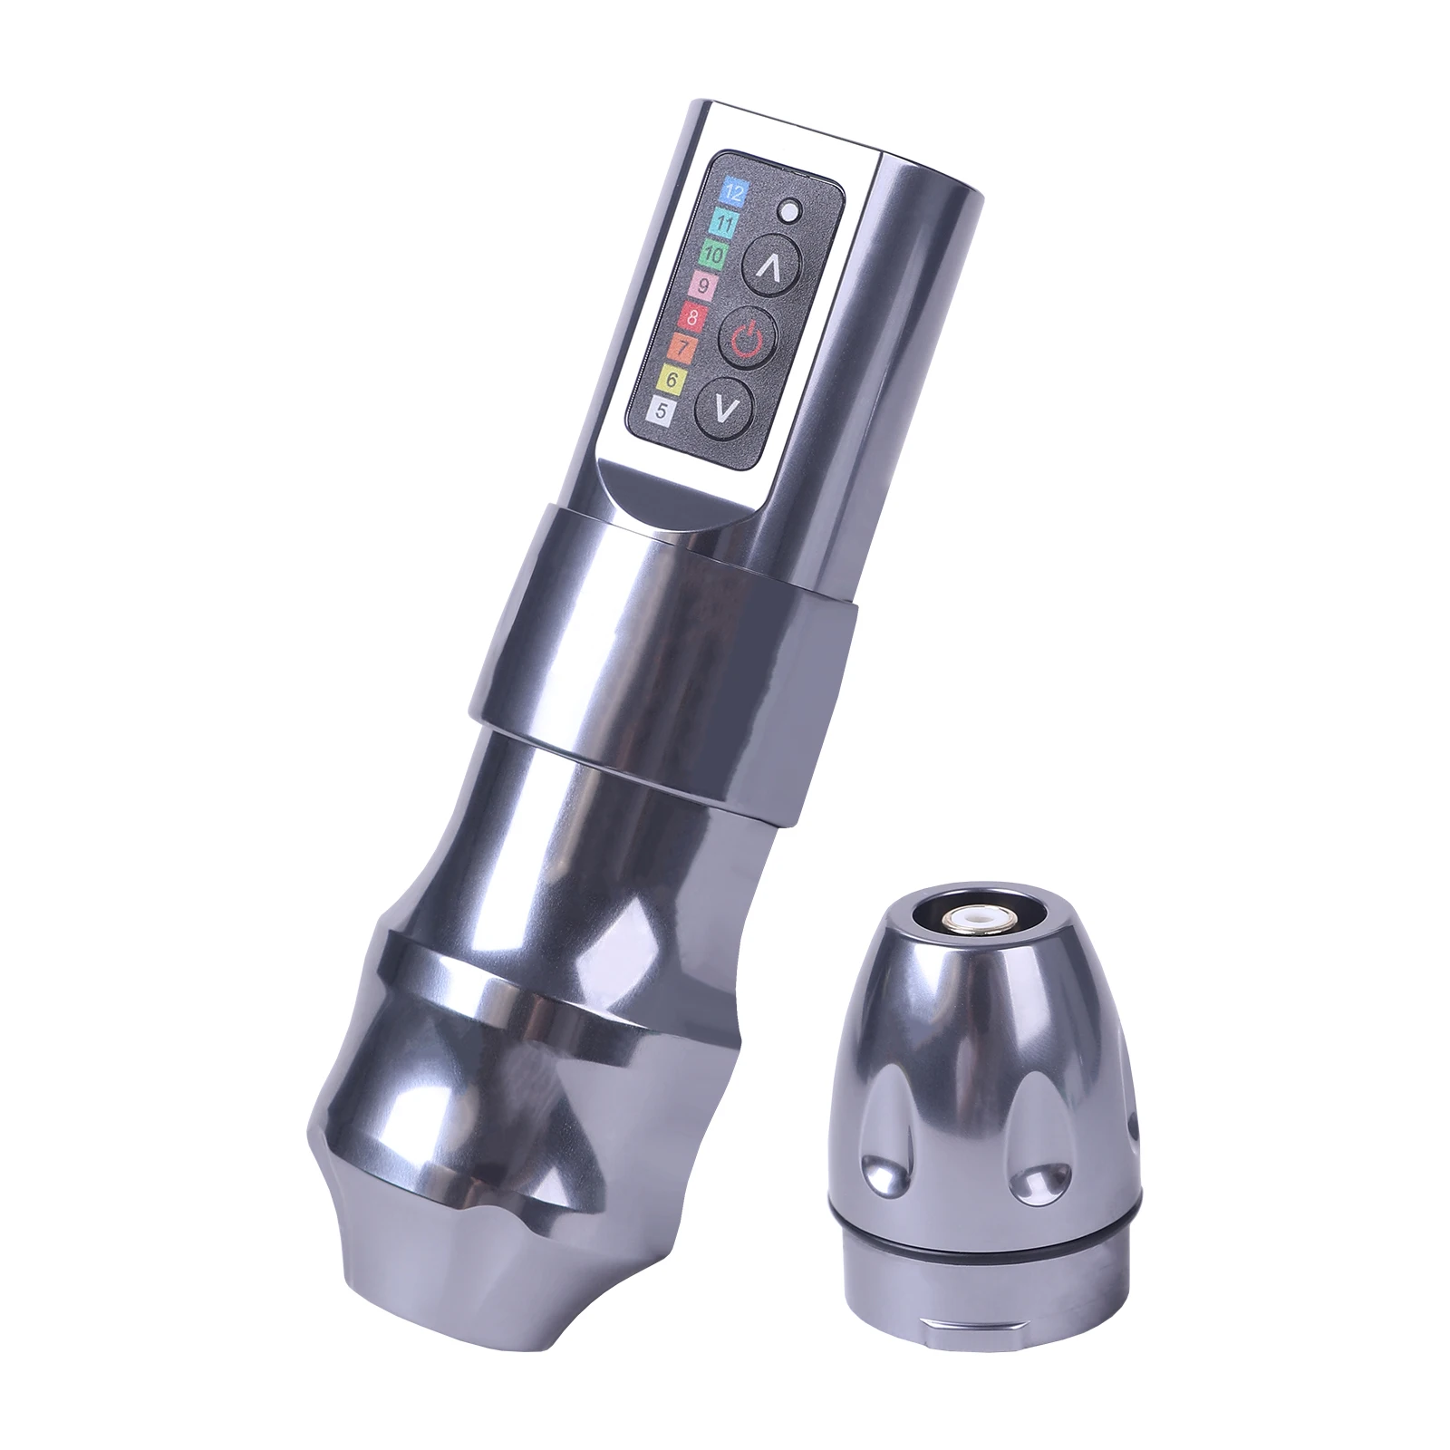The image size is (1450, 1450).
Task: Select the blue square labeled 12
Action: click(x=732, y=191)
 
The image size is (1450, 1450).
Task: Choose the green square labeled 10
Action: click(x=715, y=254)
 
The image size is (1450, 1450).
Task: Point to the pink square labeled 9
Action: click(x=704, y=285)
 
